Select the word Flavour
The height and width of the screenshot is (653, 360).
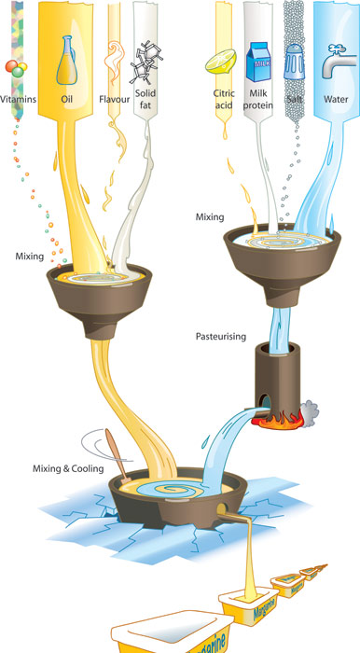(116, 96)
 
